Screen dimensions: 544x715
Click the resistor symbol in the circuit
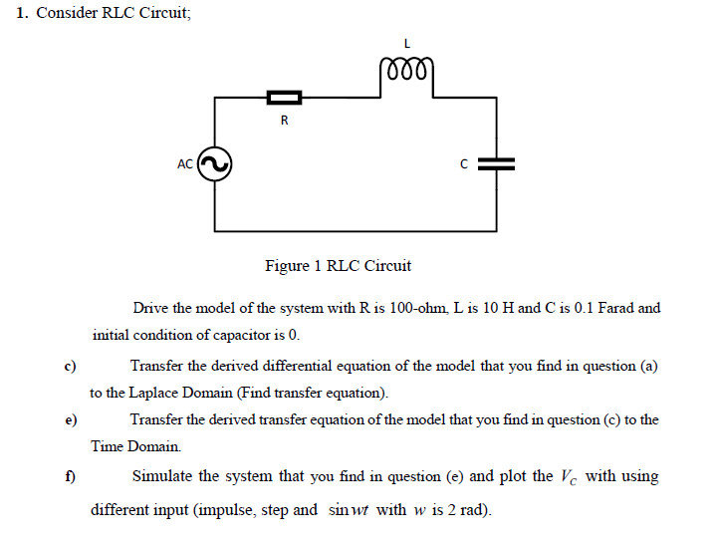tap(284, 97)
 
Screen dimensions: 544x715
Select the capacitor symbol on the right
tap(496, 164)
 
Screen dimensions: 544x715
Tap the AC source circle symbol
tap(215, 164)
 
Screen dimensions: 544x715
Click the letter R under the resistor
tap(284, 122)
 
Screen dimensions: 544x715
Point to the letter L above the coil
tap(406, 42)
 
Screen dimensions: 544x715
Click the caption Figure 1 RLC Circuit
tap(338, 266)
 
